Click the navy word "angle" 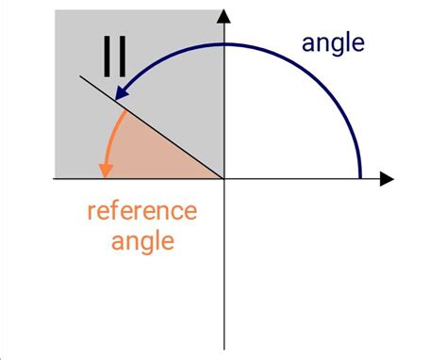pyautogui.click(x=332, y=42)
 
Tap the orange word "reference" pyautogui.click(x=141, y=210)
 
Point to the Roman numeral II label pyautogui.click(x=116, y=57)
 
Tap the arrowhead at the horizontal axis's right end pyautogui.click(x=386, y=178)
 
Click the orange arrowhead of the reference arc pyautogui.click(x=106, y=169)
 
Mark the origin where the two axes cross pyautogui.click(x=224, y=178)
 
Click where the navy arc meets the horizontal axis pyautogui.click(x=360, y=176)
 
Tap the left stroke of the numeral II pyautogui.click(x=108, y=57)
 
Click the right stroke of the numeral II pyautogui.click(x=124, y=57)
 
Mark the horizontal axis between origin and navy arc pyautogui.click(x=292, y=178)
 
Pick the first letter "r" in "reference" pyautogui.click(x=91, y=211)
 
